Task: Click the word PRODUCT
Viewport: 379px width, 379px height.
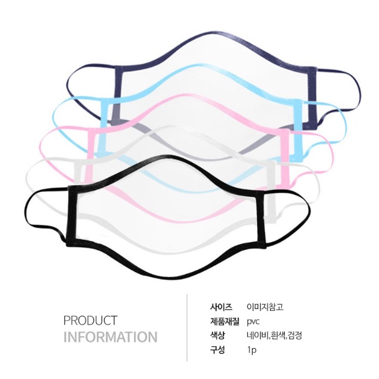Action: (x=90, y=321)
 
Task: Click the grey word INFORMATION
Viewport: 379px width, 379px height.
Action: (x=110, y=337)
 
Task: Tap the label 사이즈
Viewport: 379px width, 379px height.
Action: (x=221, y=307)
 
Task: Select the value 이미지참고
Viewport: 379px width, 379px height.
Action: (x=265, y=307)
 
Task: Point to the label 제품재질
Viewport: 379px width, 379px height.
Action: (x=225, y=321)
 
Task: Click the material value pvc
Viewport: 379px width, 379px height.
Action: (x=253, y=322)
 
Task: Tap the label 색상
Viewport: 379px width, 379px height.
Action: (x=217, y=336)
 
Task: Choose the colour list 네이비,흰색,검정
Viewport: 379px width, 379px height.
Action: (x=274, y=336)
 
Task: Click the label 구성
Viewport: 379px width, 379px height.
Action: (x=217, y=350)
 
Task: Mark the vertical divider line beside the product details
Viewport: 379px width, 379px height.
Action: (x=187, y=328)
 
